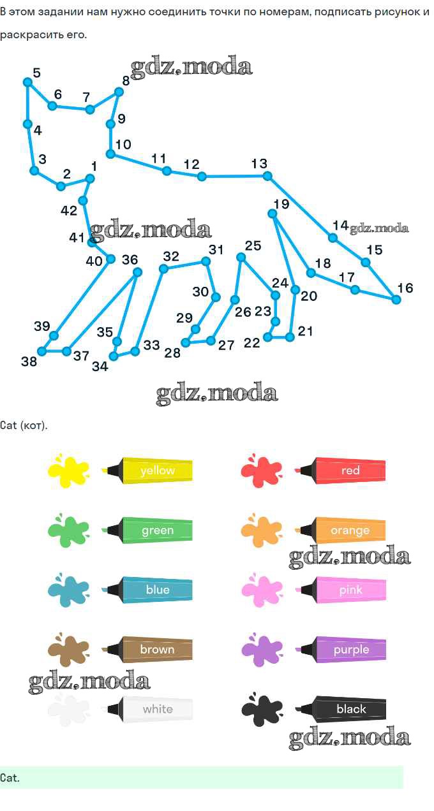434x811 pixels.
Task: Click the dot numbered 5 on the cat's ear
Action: (27, 82)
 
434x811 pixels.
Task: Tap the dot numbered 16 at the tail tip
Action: (396, 300)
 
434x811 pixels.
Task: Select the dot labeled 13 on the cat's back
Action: (267, 177)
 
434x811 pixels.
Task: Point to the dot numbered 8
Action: (119, 92)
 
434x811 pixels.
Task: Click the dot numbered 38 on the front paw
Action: (42, 351)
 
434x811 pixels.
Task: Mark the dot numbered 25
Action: (241, 258)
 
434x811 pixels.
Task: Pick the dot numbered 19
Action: (273, 214)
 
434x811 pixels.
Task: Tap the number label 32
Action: (171, 256)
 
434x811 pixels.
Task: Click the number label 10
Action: (123, 145)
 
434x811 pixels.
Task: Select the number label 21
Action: (305, 331)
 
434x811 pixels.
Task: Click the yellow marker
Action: (147, 471)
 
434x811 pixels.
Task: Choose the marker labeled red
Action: (340, 471)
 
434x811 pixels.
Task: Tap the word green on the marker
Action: (158, 530)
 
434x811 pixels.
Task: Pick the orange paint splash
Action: (262, 530)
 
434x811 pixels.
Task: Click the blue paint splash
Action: (68, 590)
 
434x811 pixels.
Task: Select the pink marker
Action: (340, 590)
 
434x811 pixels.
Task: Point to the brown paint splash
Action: (68, 650)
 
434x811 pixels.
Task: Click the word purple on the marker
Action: (351, 650)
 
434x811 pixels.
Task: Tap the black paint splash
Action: (262, 709)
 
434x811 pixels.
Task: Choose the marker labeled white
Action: (150, 709)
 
